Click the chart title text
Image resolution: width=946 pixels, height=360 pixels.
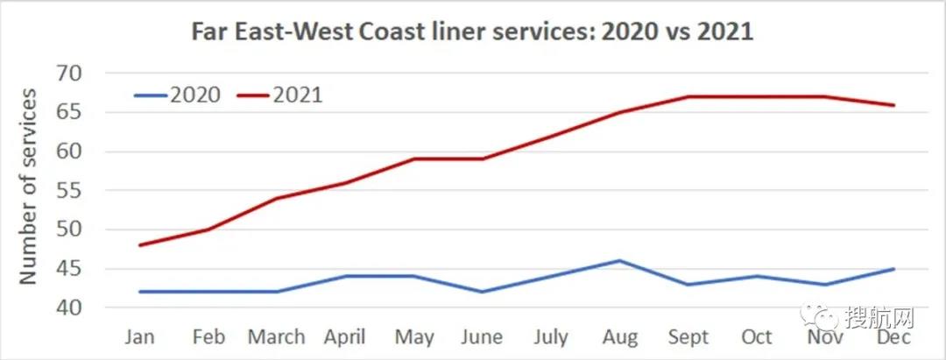[473, 32]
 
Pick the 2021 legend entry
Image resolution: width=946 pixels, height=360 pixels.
[279, 95]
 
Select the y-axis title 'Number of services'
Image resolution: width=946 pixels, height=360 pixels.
[28, 186]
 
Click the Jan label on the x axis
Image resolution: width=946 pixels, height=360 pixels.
[141, 337]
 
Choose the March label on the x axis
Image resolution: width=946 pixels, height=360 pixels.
[277, 337]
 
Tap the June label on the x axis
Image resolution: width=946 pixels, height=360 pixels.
[483, 337]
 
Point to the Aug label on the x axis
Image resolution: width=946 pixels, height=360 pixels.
[620, 337]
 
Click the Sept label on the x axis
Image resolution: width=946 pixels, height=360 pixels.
[688, 337]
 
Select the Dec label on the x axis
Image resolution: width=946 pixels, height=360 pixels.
[893, 337]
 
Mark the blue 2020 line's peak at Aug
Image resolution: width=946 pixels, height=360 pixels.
[620, 260]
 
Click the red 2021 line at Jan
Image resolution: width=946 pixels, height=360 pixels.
[141, 244]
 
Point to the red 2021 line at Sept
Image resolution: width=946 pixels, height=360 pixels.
[688, 96]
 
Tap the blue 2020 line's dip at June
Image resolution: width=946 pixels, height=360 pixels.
[483, 292]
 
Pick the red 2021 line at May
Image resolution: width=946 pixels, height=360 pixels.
[414, 159]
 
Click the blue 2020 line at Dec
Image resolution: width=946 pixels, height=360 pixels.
[893, 269]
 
